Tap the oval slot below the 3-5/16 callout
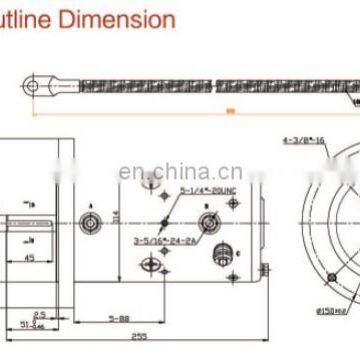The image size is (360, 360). (x=149, y=237)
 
